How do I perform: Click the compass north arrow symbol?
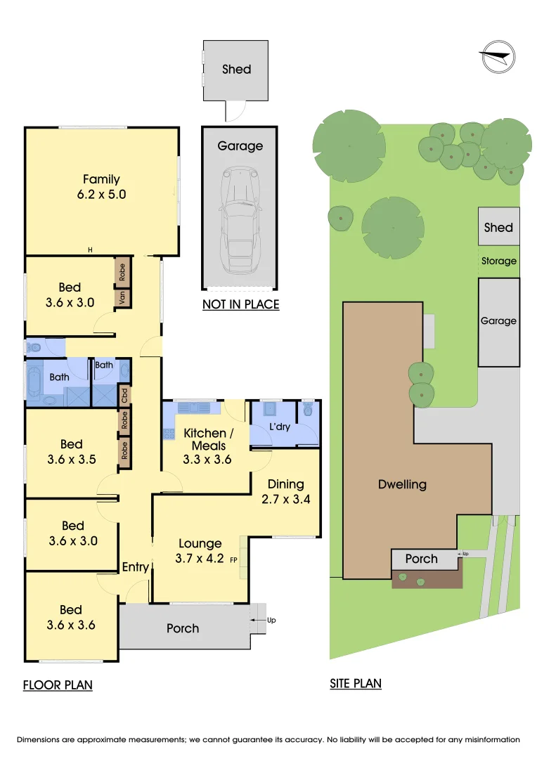tap(498, 57)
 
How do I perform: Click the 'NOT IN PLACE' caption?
tap(240, 304)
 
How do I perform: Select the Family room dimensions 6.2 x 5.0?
tap(101, 195)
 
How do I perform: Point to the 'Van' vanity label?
tap(122, 297)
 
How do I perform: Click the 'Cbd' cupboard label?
tap(124, 396)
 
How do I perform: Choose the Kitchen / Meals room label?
tap(208, 439)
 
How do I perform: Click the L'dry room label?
tap(280, 427)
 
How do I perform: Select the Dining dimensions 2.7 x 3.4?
tap(285, 499)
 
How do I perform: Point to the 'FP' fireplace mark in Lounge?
tap(233, 560)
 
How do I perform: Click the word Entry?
tap(135, 567)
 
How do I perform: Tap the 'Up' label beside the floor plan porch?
tap(271, 620)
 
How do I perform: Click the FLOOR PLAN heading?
tap(58, 685)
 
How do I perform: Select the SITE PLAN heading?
tap(356, 684)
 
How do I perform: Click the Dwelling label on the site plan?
tap(402, 484)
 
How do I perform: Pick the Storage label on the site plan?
tap(499, 261)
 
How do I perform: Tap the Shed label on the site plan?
tap(498, 228)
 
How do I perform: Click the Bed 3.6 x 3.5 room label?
tap(72, 452)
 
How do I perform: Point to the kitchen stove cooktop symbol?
tap(169, 433)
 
